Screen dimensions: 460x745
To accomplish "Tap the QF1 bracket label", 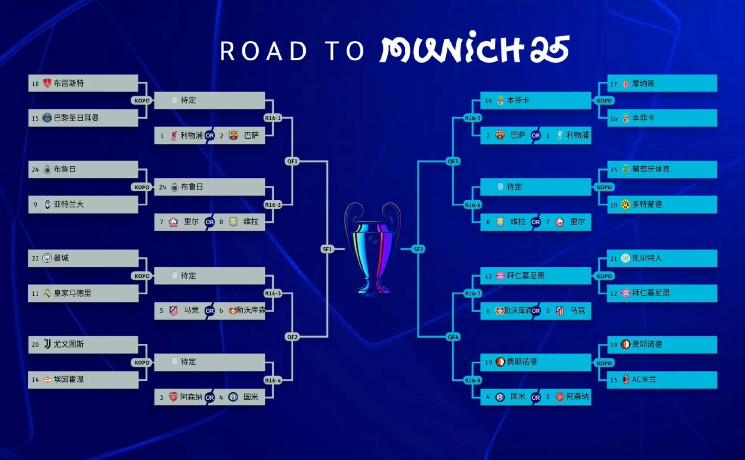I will point(292,161).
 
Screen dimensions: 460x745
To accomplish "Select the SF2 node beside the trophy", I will point(418,249).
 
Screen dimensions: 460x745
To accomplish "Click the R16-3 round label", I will point(272,293).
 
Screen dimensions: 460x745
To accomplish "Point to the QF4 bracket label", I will point(453,337).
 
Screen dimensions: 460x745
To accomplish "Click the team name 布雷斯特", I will point(69,83).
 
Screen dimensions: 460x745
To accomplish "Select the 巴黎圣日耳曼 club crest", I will point(47,118).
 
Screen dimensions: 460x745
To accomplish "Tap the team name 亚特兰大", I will point(69,204).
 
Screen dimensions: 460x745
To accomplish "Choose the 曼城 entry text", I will point(61,258).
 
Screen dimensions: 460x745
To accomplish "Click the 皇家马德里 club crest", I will point(47,293).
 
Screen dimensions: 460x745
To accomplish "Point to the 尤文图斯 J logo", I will point(47,344).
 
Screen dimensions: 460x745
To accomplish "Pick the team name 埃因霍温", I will point(69,379).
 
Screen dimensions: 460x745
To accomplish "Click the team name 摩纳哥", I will point(643,83).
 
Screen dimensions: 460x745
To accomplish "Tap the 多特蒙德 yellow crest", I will point(625,204).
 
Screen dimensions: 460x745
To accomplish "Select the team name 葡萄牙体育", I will point(651,169).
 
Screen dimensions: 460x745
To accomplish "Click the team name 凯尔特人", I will point(647,258).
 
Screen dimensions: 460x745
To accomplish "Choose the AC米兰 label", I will point(644,379).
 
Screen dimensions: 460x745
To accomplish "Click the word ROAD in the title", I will point(263,51).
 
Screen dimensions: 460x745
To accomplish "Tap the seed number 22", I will point(35,258).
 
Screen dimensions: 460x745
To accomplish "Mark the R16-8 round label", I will point(473,380).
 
